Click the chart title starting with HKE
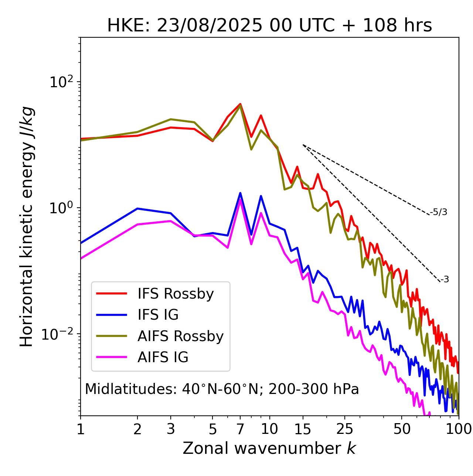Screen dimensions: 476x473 (269, 26)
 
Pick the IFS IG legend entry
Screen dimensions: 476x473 (158, 315)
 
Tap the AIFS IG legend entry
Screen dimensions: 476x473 (163, 357)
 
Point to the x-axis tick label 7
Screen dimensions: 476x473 (240, 429)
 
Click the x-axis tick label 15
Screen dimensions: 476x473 (303, 429)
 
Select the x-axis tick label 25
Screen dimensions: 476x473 (345, 429)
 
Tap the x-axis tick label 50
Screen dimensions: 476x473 (402, 429)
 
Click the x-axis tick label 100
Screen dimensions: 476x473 (458, 429)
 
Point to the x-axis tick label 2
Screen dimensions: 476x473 (137, 429)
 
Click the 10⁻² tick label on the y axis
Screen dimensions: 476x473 (59, 334)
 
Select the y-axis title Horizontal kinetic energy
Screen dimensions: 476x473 (27, 226)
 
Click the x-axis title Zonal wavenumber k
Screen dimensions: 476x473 (269, 448)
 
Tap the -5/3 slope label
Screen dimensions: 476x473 (439, 212)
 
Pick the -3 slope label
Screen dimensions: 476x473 (445, 280)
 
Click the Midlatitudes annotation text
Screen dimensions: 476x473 (222, 389)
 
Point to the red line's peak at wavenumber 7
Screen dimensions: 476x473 (240, 104)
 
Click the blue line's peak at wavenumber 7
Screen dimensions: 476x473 (240, 193)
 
